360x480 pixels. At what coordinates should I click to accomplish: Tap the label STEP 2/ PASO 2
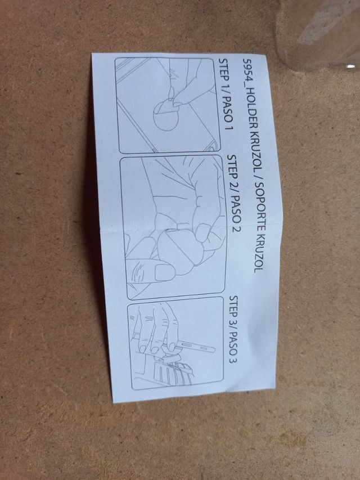(x=233, y=193)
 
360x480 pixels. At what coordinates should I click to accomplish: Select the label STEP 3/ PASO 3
(x=233, y=329)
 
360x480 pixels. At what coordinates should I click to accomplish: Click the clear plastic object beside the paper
(x=318, y=34)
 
